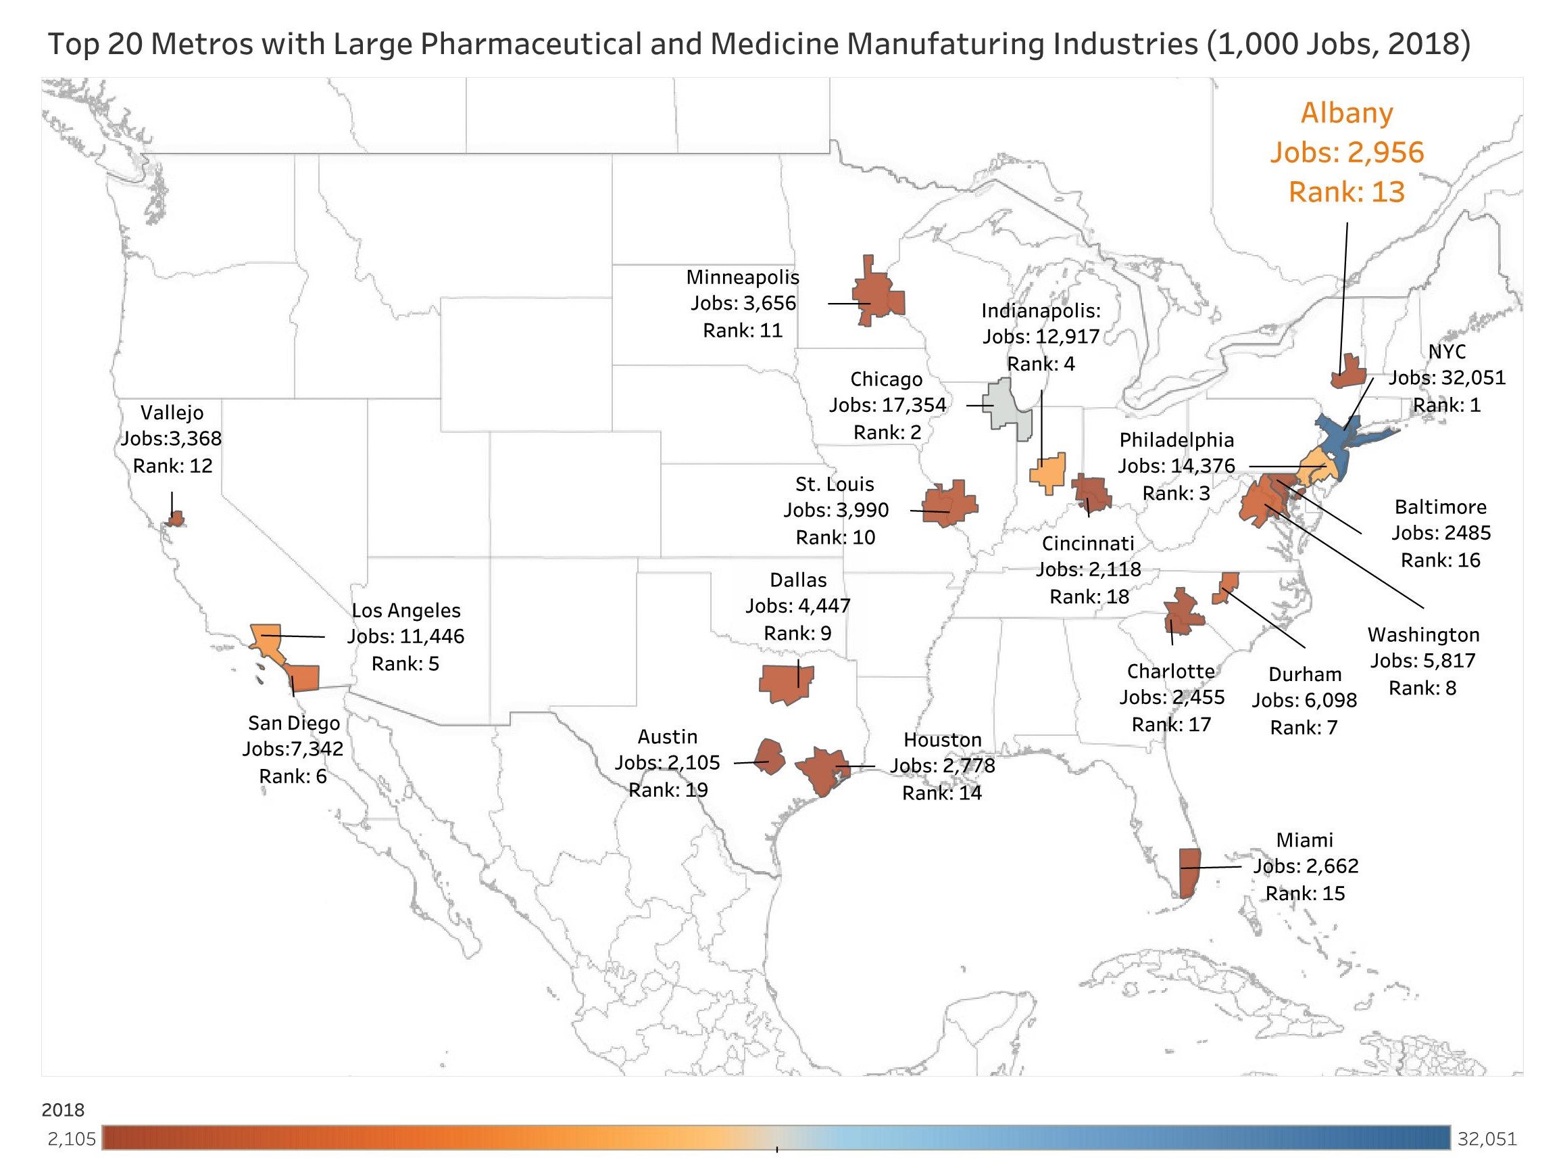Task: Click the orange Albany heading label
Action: (x=1347, y=113)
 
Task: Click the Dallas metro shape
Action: (x=785, y=683)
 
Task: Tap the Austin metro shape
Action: (x=770, y=756)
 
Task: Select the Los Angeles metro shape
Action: (x=268, y=638)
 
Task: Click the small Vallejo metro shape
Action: (x=175, y=519)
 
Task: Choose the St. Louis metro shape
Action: (x=951, y=504)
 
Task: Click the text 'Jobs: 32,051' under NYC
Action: (x=1447, y=378)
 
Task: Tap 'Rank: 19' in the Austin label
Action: (x=668, y=789)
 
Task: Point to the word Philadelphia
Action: (x=1176, y=440)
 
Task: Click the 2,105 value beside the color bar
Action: (x=71, y=1139)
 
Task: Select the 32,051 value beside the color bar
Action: (x=1486, y=1139)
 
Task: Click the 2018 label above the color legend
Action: (x=63, y=1110)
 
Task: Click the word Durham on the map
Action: (x=1305, y=674)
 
